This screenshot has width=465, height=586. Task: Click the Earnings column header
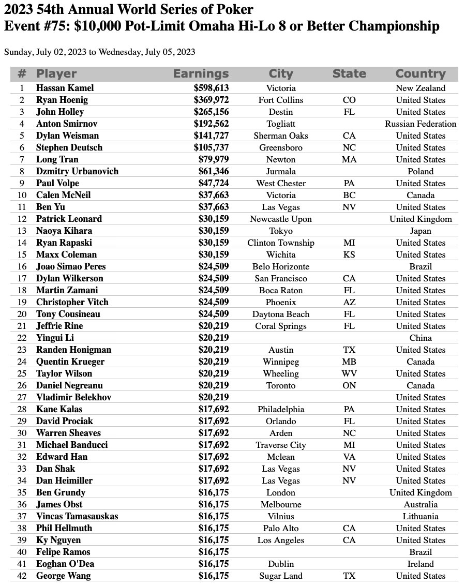(x=201, y=74)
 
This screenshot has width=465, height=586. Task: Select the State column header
(x=349, y=74)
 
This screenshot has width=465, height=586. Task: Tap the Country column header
(x=420, y=74)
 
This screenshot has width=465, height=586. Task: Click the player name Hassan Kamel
(x=65, y=88)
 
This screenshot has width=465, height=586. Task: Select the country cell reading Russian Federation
(x=420, y=124)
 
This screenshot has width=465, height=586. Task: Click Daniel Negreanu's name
(x=69, y=385)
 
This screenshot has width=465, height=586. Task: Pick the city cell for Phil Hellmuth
(x=280, y=528)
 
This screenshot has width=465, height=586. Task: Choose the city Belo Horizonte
(x=280, y=266)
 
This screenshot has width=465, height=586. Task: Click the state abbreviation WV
(x=349, y=373)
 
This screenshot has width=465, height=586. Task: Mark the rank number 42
(x=22, y=576)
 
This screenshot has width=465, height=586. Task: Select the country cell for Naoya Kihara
(x=420, y=231)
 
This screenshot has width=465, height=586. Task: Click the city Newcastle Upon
(x=280, y=219)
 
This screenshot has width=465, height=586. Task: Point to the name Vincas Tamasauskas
(x=77, y=516)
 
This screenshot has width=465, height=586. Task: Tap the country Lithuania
(x=420, y=516)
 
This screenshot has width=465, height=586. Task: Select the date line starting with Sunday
(x=99, y=52)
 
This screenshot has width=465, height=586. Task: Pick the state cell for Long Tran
(x=349, y=159)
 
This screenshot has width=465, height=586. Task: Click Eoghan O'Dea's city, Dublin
(x=280, y=564)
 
